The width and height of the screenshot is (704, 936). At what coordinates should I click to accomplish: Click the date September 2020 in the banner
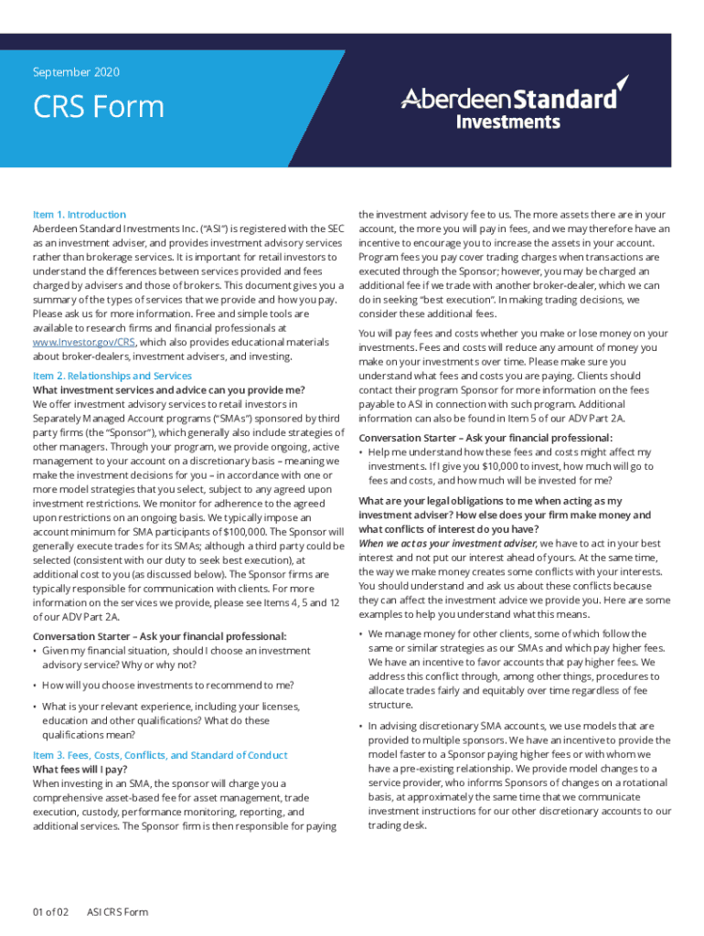(76, 72)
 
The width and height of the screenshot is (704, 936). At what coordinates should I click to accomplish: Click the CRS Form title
(99, 108)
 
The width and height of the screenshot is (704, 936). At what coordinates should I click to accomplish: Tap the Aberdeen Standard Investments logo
(513, 103)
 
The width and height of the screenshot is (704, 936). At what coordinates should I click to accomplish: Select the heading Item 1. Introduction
(80, 215)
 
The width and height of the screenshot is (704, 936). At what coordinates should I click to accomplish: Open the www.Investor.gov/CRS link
(84, 342)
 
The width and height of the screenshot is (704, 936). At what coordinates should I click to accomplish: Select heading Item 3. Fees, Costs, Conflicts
(160, 755)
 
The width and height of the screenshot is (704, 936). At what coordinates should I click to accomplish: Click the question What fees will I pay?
(81, 770)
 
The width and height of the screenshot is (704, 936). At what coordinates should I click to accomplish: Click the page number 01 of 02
(50, 911)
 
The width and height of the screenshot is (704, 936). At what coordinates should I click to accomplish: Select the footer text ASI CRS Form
(117, 911)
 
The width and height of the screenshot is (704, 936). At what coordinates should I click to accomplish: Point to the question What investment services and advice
(169, 389)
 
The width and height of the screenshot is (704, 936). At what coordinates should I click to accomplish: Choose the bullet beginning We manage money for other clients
(507, 633)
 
